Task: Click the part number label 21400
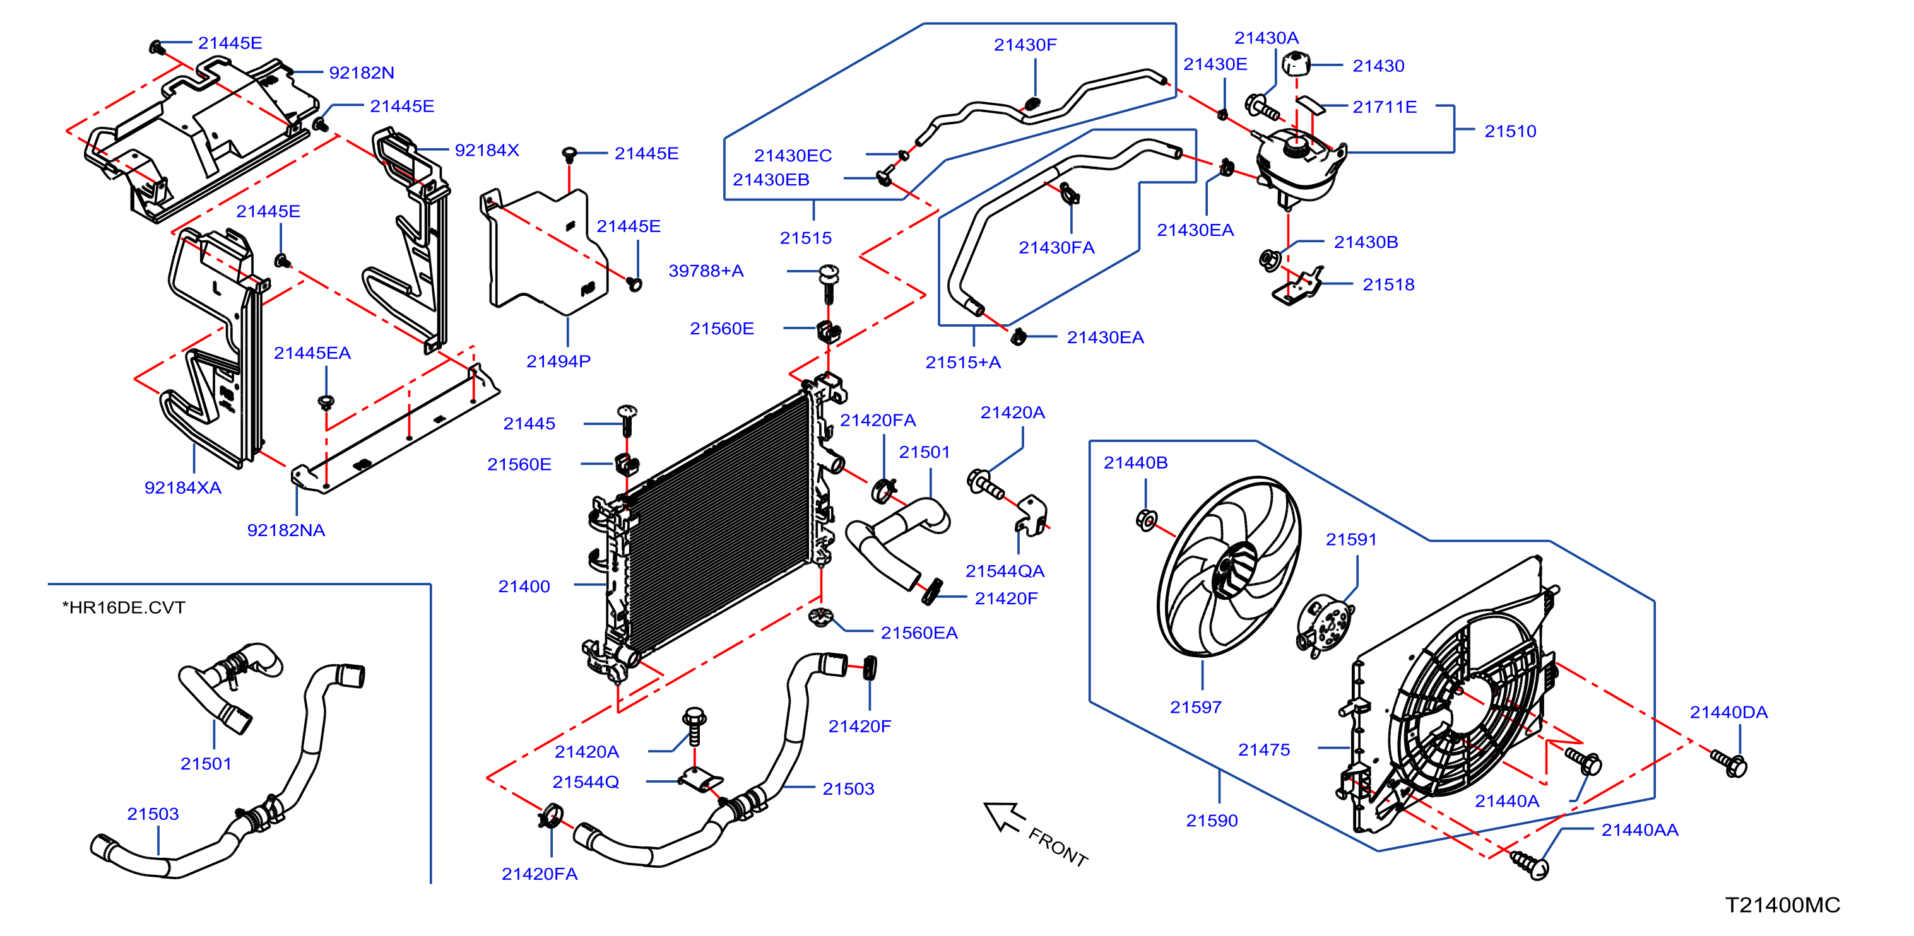click(524, 586)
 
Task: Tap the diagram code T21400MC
click(1783, 905)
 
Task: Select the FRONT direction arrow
click(1005, 817)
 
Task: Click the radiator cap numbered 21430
click(1296, 63)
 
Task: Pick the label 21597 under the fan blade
click(1195, 707)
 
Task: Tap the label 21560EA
click(919, 633)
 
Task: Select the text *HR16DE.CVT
click(123, 607)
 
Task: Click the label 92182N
click(361, 73)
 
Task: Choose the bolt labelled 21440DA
click(1729, 763)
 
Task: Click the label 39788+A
click(706, 271)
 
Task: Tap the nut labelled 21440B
click(1147, 519)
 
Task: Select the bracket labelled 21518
click(1298, 287)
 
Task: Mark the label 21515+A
click(963, 363)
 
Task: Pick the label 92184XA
click(183, 488)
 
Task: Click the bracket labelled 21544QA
click(1031, 515)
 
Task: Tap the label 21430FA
click(1056, 247)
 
